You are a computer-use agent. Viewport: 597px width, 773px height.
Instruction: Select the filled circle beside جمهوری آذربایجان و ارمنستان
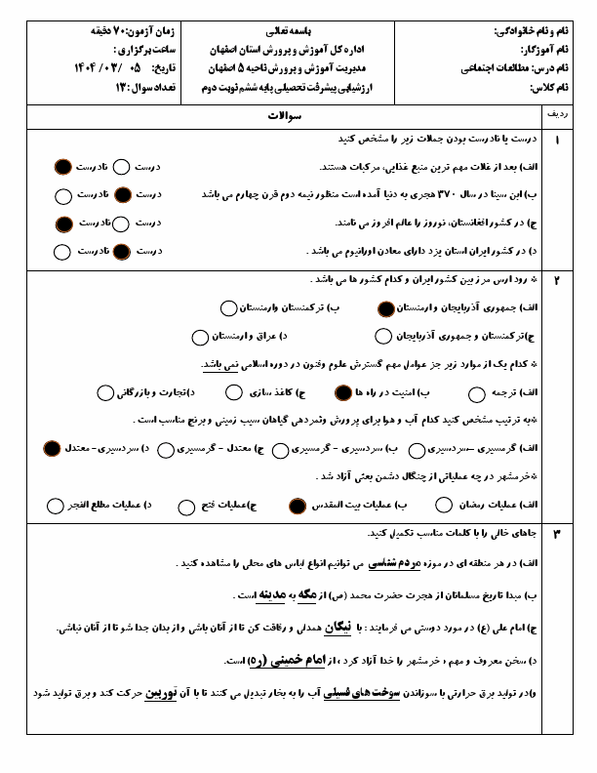386,308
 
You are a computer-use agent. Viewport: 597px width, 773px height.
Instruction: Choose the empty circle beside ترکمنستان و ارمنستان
228,308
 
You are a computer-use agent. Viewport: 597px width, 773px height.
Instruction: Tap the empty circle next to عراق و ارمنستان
199,338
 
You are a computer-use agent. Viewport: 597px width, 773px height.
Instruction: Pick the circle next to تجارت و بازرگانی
105,393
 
